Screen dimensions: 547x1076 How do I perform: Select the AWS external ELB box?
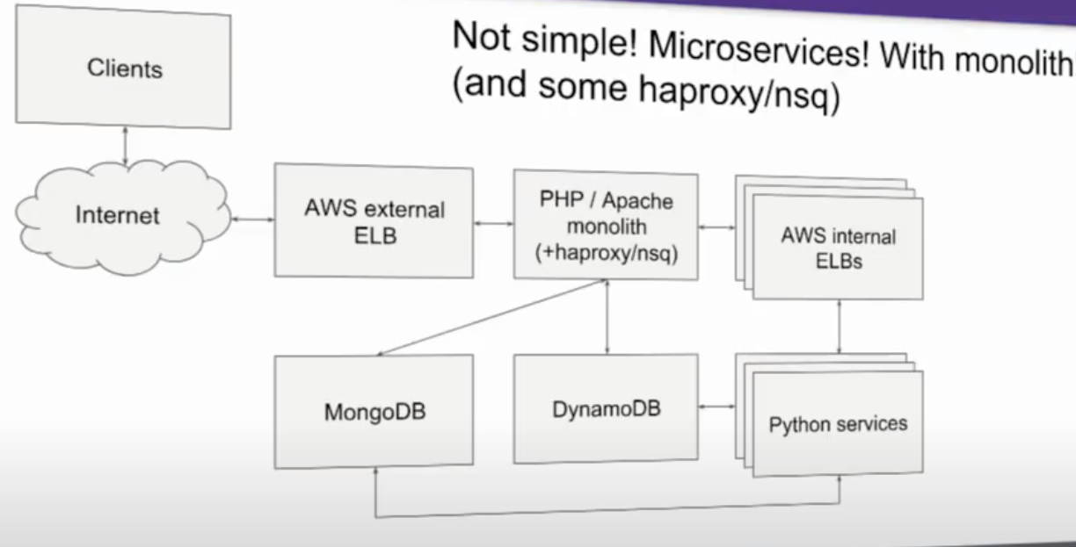click(x=374, y=221)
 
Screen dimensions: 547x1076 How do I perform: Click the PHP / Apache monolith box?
click(x=606, y=225)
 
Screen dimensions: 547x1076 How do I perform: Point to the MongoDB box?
click(x=374, y=412)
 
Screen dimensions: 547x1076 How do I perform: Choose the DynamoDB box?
click(x=606, y=409)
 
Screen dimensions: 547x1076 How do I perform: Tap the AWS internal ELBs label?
click(x=838, y=249)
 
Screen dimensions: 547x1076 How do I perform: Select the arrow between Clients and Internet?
click(x=126, y=143)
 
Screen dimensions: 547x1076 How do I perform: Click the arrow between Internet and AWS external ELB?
click(x=252, y=219)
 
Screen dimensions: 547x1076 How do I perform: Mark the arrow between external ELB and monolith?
click(x=494, y=224)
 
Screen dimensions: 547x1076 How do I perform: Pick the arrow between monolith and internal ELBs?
click(x=717, y=227)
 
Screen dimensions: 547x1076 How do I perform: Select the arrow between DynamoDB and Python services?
click(x=717, y=407)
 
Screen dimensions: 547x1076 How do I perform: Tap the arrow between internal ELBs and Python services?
click(x=841, y=327)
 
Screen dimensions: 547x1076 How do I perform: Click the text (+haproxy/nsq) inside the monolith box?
click(x=606, y=251)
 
